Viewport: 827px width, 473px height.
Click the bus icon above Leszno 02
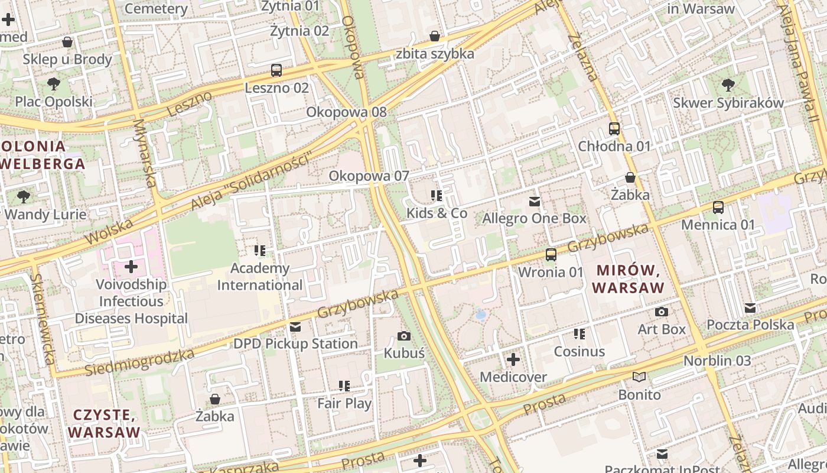pyautogui.click(x=276, y=70)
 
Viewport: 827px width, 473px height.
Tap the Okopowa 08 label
pyautogui.click(x=346, y=112)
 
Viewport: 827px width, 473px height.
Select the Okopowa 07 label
pyautogui.click(x=369, y=176)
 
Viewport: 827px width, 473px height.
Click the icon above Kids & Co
pyautogui.click(x=437, y=196)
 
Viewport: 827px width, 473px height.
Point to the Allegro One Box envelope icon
pyautogui.click(x=535, y=202)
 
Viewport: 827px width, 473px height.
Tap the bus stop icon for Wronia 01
pyautogui.click(x=551, y=255)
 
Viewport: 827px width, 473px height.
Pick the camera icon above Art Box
pyautogui.click(x=662, y=312)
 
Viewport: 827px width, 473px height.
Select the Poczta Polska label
pyautogui.click(x=750, y=325)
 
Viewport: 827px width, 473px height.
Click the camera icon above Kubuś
pyautogui.click(x=404, y=336)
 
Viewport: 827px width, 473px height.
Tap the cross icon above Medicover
pyautogui.click(x=513, y=359)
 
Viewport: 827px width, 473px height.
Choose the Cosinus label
pyautogui.click(x=579, y=351)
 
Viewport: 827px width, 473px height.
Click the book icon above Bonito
pyautogui.click(x=639, y=377)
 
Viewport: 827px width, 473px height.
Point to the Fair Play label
pyautogui.click(x=344, y=404)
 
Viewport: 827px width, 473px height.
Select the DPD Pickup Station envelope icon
pyautogui.click(x=295, y=326)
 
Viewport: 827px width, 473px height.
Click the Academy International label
pyautogui.click(x=260, y=277)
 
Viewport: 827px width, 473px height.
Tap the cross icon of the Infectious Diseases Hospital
pyautogui.click(x=131, y=267)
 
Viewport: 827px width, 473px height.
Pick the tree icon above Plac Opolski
pyautogui.click(x=54, y=84)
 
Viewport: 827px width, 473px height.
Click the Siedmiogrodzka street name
pyautogui.click(x=139, y=362)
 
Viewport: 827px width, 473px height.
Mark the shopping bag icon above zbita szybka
pyautogui.click(x=435, y=36)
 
